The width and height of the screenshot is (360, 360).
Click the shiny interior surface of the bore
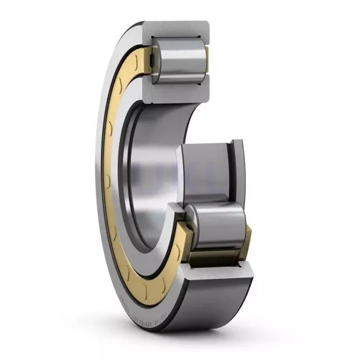157,177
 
